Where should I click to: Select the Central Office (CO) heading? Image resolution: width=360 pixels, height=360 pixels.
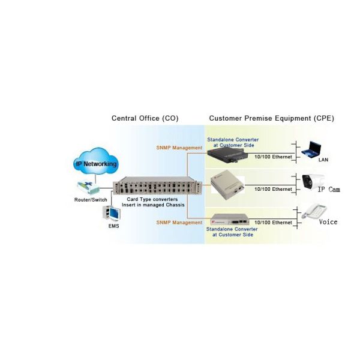coord(145,118)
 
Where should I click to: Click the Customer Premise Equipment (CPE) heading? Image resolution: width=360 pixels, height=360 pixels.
coord(271,118)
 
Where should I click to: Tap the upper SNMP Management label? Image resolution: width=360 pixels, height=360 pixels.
coord(179,148)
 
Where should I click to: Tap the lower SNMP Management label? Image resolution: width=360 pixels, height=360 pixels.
coord(179,223)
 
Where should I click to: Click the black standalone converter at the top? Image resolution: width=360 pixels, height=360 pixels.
coord(232,157)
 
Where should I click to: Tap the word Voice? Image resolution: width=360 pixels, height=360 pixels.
coord(328,222)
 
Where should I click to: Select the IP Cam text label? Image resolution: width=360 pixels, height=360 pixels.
coord(328,189)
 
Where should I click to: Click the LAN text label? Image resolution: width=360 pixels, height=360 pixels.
coord(323,160)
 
